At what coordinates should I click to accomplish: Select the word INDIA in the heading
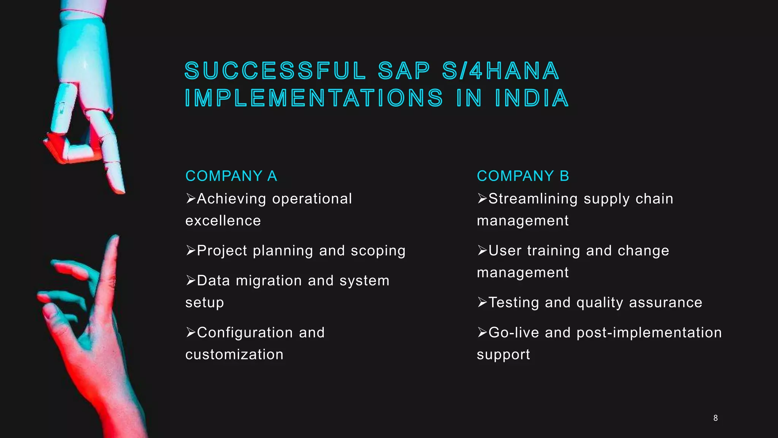coord(532,98)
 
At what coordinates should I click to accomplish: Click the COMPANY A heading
coord(231,176)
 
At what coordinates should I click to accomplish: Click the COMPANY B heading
coord(523,176)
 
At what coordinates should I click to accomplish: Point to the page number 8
coord(715,418)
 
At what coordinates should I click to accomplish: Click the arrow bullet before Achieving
coord(191,198)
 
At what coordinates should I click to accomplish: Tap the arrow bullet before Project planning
coord(191,251)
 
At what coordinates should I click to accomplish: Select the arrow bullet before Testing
coord(482,302)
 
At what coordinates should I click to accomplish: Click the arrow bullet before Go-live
coord(482,332)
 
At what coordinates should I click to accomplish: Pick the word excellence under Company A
coord(223,221)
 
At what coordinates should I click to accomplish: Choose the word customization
coord(234,355)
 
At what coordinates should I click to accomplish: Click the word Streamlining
coord(533,199)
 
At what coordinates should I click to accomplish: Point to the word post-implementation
coord(649,333)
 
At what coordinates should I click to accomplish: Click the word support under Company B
coord(503,355)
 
